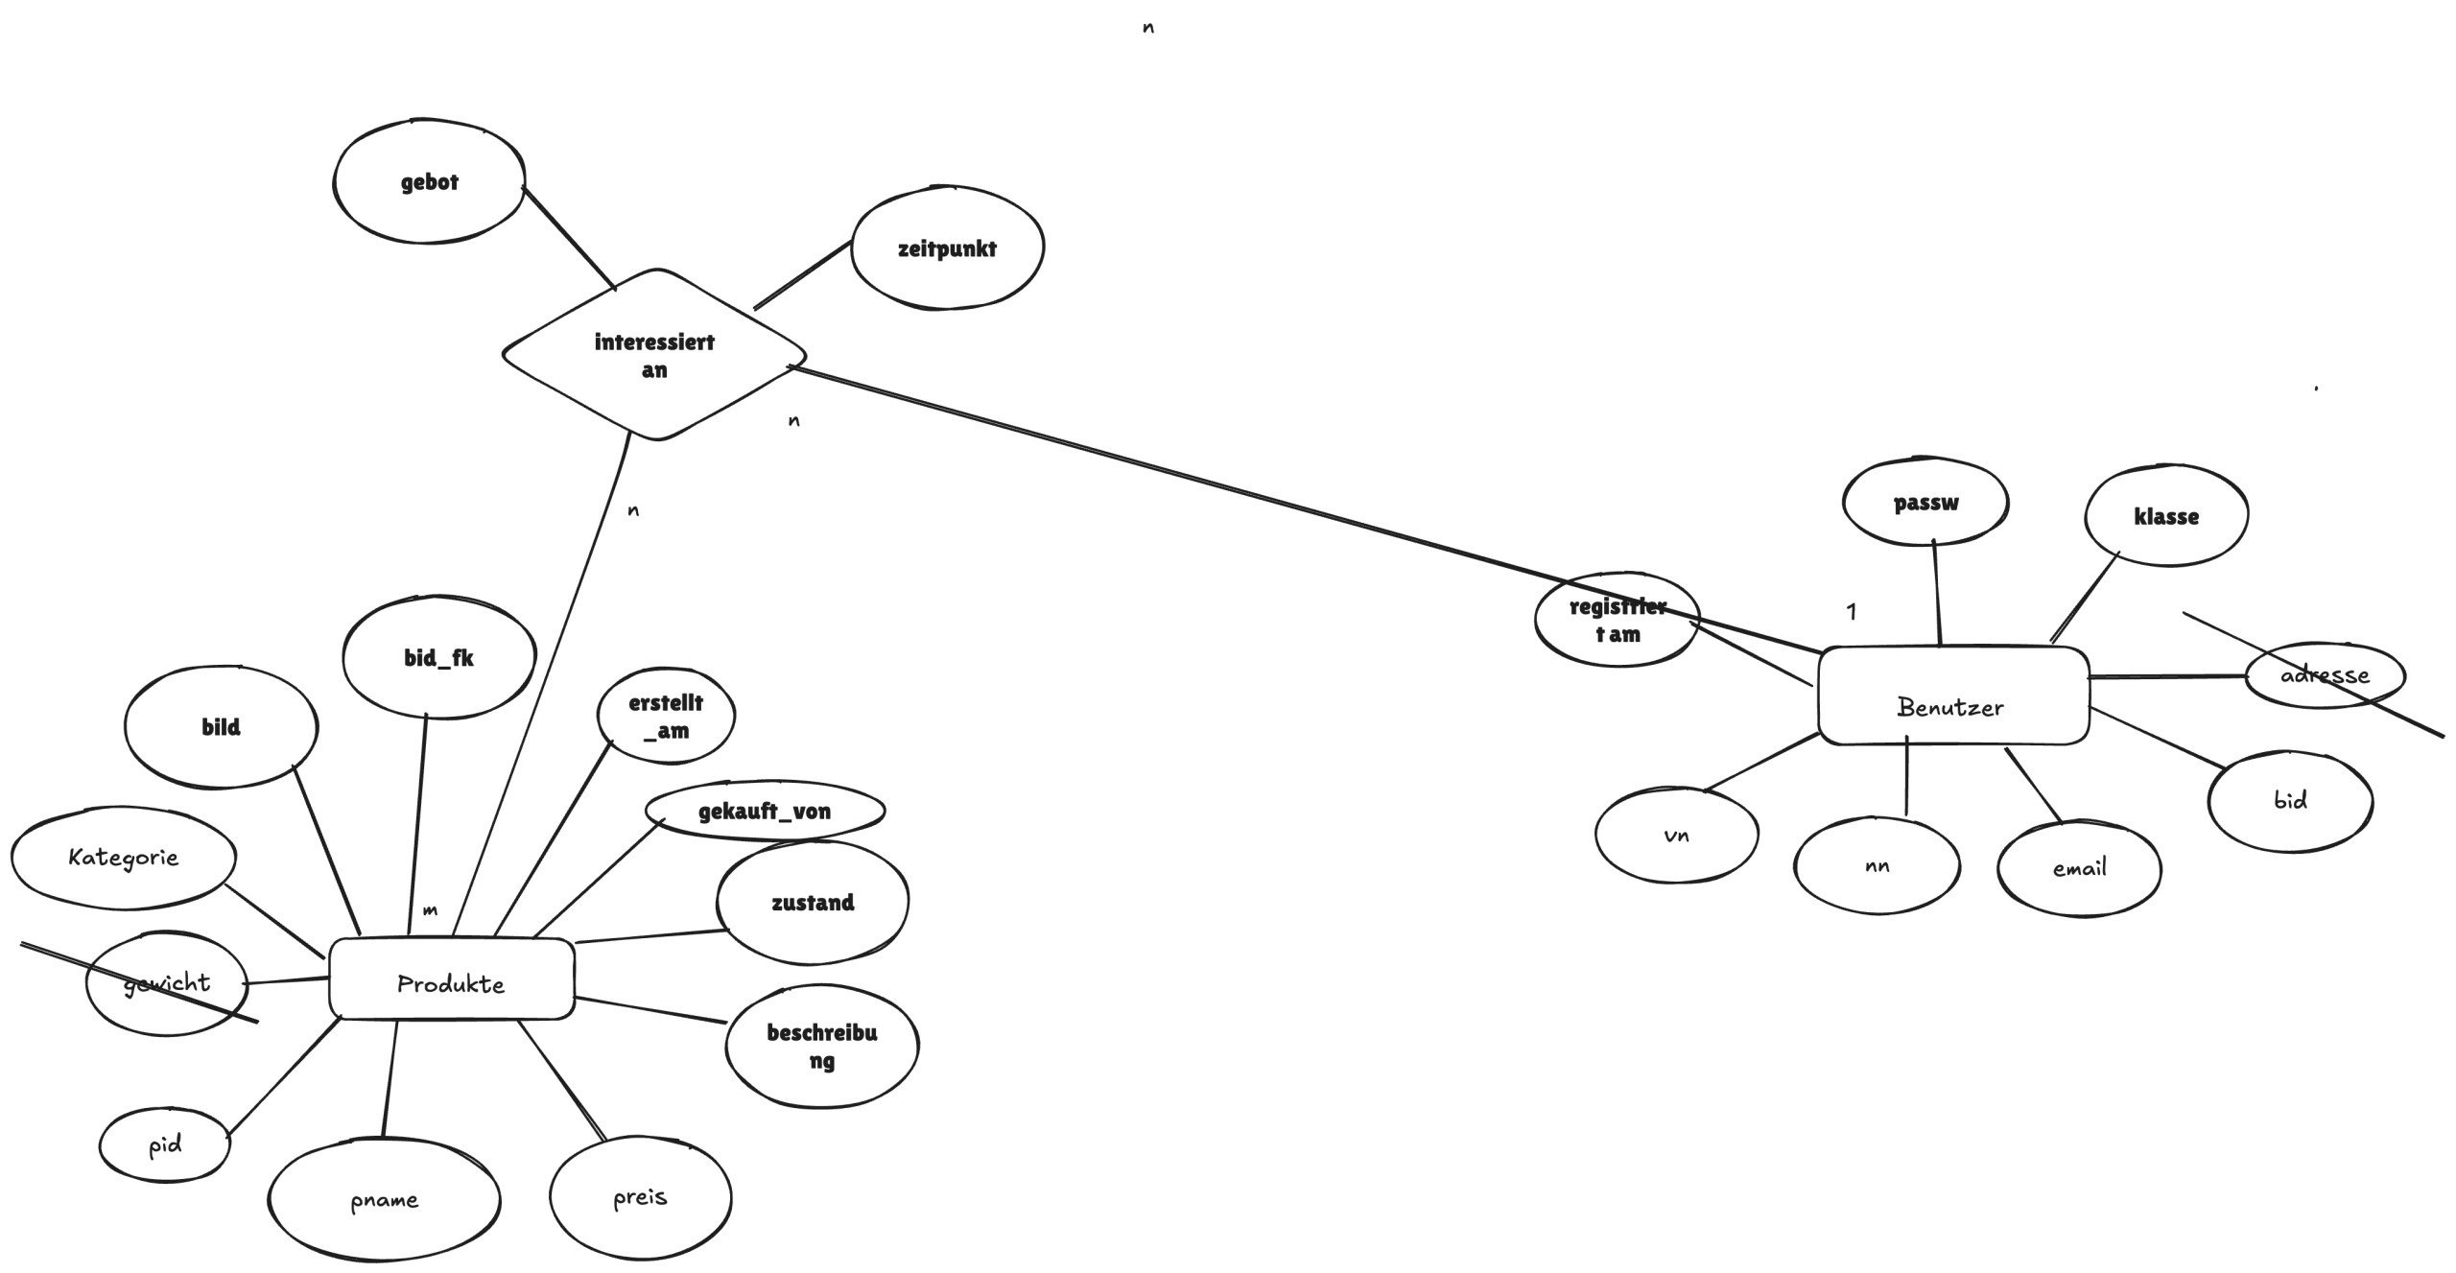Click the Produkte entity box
[x=451, y=979]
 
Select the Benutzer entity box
[x=1952, y=695]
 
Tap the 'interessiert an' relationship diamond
[x=654, y=355]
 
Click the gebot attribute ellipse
[x=429, y=181]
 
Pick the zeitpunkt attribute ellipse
[x=947, y=248]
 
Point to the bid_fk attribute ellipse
[x=438, y=657]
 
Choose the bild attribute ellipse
[x=221, y=726]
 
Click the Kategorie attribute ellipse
[x=123, y=857]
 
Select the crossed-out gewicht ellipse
[x=166, y=982]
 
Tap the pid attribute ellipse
[x=165, y=1144]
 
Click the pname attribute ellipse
[x=384, y=1199]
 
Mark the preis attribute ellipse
[x=640, y=1197]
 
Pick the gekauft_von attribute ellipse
[x=765, y=811]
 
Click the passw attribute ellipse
[x=1925, y=502]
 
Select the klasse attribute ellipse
[x=2166, y=516]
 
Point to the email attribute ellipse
[x=2079, y=868]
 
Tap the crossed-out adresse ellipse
[x=2325, y=674]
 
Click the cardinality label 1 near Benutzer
[x=1852, y=611]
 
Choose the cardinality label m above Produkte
[x=430, y=910]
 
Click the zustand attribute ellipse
[x=813, y=902]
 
